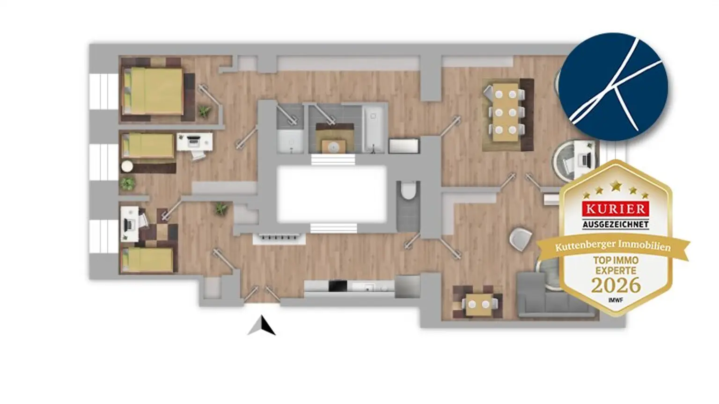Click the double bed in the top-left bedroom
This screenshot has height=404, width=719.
coord(154,91)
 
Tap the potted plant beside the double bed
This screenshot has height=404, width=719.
coord(204,111)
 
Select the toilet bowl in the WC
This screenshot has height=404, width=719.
coord(408,190)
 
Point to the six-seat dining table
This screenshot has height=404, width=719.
coord(506,112)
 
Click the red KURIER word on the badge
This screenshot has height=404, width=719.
coord(616,209)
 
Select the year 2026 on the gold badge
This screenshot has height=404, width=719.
coord(616,285)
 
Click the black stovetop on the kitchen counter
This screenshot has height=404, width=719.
coord(338,286)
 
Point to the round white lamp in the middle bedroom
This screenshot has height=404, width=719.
coord(127,166)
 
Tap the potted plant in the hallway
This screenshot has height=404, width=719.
coord(221,209)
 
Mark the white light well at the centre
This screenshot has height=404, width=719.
coord(332,195)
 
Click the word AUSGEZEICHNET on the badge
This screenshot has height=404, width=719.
coord(616,224)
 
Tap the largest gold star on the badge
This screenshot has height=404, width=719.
coord(616,186)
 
